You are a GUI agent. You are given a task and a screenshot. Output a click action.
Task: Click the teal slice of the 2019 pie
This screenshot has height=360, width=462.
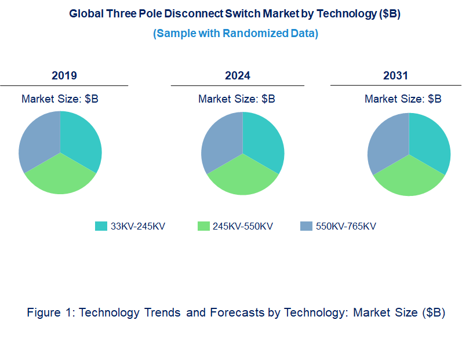(x=80, y=139)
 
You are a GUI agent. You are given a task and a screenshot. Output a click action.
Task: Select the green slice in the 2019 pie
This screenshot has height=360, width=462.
(x=60, y=177)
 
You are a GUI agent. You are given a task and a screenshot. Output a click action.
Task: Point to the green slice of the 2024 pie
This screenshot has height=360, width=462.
(x=243, y=178)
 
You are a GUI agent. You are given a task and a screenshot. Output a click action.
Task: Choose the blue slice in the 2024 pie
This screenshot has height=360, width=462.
(x=221, y=141)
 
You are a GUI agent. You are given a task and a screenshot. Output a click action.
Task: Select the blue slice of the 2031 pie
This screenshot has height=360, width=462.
(x=388, y=143)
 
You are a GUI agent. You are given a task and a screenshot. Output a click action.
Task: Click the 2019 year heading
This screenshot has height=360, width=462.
(x=64, y=75)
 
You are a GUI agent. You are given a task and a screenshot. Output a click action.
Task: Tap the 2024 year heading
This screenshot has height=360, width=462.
(x=238, y=75)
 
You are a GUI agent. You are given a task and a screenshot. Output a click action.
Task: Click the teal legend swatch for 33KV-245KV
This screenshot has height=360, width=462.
(x=101, y=226)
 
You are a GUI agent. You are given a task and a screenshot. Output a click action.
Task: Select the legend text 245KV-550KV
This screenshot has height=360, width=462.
(x=242, y=226)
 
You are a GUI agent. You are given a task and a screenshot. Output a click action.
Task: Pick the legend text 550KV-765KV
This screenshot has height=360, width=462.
(x=345, y=226)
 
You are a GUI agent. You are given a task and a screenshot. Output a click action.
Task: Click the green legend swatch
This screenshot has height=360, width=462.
(x=203, y=226)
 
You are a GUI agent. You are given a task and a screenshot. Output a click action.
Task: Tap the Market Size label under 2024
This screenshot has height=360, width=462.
(x=237, y=99)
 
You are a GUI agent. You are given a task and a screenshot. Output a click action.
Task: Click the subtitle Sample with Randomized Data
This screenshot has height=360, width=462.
(x=235, y=33)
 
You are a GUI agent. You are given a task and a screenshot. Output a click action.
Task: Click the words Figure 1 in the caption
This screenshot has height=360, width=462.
(x=50, y=312)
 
